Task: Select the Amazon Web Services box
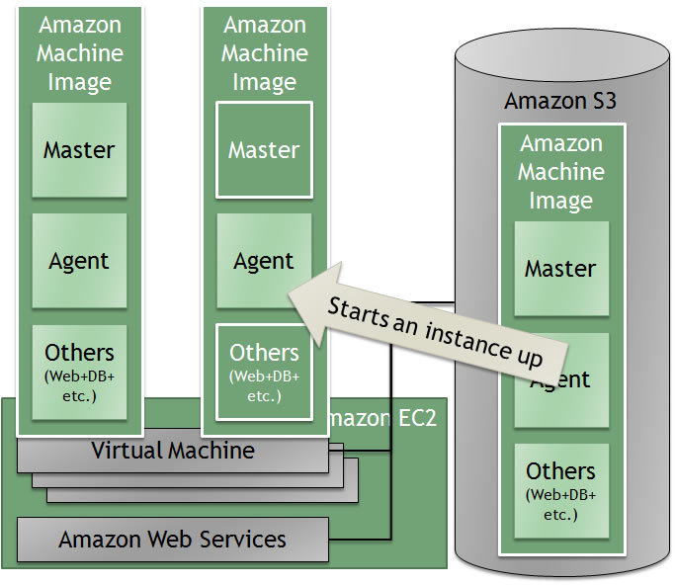point(173,540)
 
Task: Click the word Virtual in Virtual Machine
point(127,452)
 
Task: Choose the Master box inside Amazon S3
point(560,269)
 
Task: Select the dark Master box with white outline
point(264,150)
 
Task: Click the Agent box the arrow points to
point(264,261)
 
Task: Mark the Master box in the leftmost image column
point(79,150)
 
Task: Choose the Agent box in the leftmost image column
point(79,261)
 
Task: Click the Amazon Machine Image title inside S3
point(560,172)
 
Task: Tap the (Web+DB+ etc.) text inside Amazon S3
point(560,504)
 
